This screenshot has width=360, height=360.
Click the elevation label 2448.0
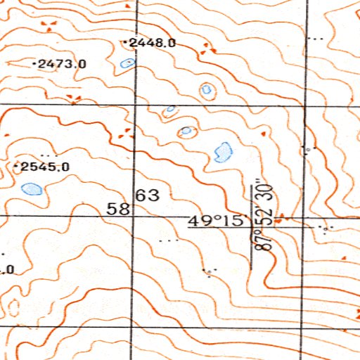click(x=153, y=43)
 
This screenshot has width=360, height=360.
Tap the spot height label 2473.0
click(x=63, y=64)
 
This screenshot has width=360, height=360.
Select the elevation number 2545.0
click(x=45, y=167)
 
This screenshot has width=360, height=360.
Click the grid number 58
click(x=119, y=209)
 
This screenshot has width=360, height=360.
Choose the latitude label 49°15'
click(x=216, y=221)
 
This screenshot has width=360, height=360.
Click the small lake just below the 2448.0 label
click(x=127, y=63)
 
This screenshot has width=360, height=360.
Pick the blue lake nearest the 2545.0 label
click(x=32, y=188)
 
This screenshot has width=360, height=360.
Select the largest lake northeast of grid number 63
click(x=223, y=150)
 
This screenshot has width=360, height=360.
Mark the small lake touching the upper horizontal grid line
click(x=170, y=109)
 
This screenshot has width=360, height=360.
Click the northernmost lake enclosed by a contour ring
click(x=207, y=89)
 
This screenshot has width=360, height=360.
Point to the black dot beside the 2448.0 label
click(x=125, y=43)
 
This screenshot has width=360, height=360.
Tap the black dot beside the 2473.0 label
click(x=35, y=64)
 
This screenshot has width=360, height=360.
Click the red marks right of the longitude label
click(x=281, y=219)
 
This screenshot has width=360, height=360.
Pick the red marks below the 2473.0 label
click(x=72, y=97)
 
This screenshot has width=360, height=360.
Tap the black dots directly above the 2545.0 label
click(x=48, y=154)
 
